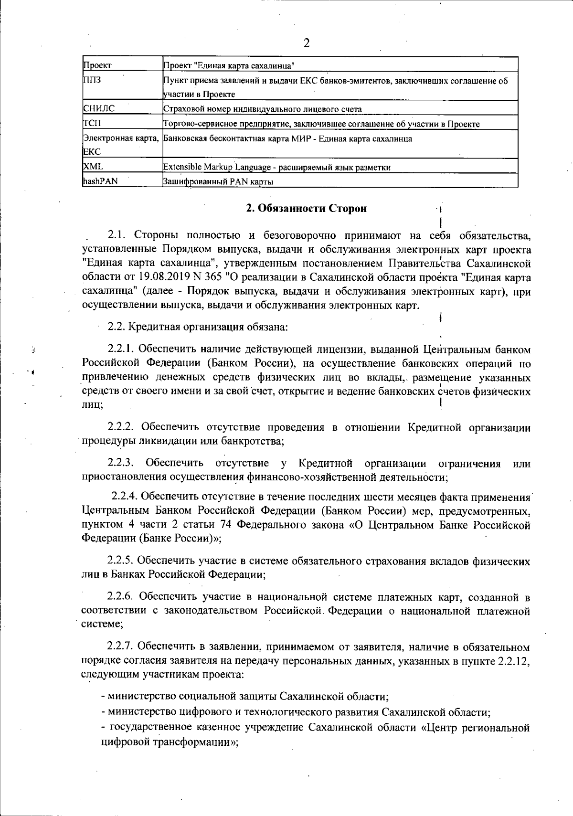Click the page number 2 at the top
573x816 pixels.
point(307,43)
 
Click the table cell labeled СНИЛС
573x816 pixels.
point(99,109)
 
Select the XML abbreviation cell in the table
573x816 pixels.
point(93,167)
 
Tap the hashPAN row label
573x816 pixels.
point(100,181)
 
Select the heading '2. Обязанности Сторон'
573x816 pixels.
point(306,209)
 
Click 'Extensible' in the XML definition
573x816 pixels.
point(180,167)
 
